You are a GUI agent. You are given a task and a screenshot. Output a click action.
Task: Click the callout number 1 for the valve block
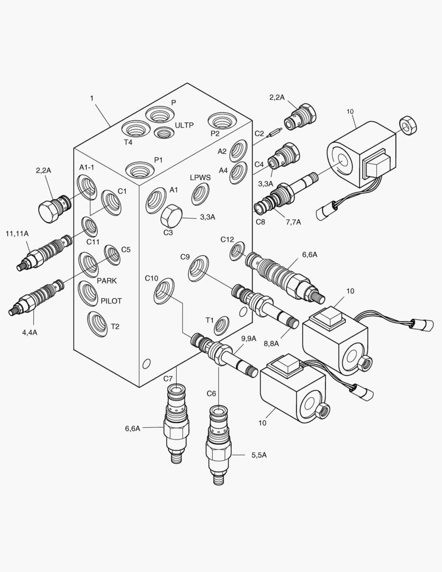92,98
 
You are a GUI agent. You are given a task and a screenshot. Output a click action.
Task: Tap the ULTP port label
184,125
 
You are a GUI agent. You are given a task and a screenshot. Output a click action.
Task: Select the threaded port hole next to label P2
220,120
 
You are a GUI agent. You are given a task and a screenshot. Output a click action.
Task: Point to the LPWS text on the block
201,177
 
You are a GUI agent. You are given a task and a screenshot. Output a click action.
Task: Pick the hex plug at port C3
171,216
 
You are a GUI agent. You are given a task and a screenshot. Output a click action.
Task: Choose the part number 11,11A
16,234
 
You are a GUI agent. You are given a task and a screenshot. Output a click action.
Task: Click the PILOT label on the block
111,301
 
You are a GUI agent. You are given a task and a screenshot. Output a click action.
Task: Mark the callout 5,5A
259,455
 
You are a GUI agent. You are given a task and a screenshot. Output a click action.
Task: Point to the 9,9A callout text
248,338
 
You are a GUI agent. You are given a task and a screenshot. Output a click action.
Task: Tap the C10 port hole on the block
164,291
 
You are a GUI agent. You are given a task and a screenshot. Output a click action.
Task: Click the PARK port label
106,281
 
